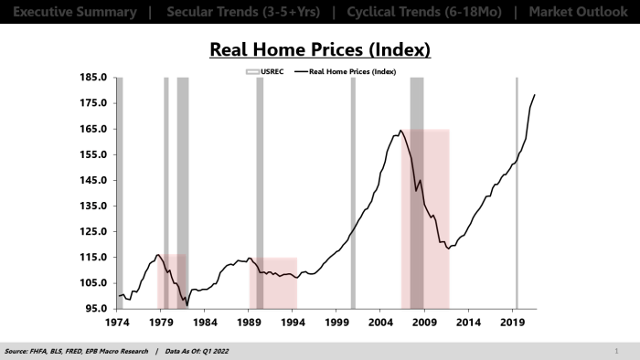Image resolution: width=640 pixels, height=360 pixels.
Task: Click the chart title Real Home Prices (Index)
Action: pos(319,49)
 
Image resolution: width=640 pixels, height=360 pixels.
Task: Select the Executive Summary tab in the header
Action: pos(69,13)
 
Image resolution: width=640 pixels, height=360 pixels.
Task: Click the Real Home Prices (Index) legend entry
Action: pos(353,69)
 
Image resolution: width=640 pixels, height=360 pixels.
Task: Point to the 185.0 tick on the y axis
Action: pos(94,78)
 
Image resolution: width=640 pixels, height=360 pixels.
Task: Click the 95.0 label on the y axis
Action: pos(96,309)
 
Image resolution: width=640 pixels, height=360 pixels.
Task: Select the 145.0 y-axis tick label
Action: pos(94,181)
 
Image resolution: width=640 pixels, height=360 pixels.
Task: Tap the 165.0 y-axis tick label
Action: pos(94,129)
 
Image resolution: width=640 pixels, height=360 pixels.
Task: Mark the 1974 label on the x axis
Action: pos(117,323)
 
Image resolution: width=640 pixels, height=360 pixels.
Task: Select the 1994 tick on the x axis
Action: pos(293,323)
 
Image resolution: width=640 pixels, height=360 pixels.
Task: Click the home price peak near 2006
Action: pos(400,131)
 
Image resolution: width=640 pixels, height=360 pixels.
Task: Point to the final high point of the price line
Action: pos(535,95)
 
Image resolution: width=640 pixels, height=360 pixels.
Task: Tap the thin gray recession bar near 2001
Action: pos(353,192)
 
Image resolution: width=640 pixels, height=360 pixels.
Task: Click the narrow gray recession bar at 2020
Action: pos(517,192)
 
